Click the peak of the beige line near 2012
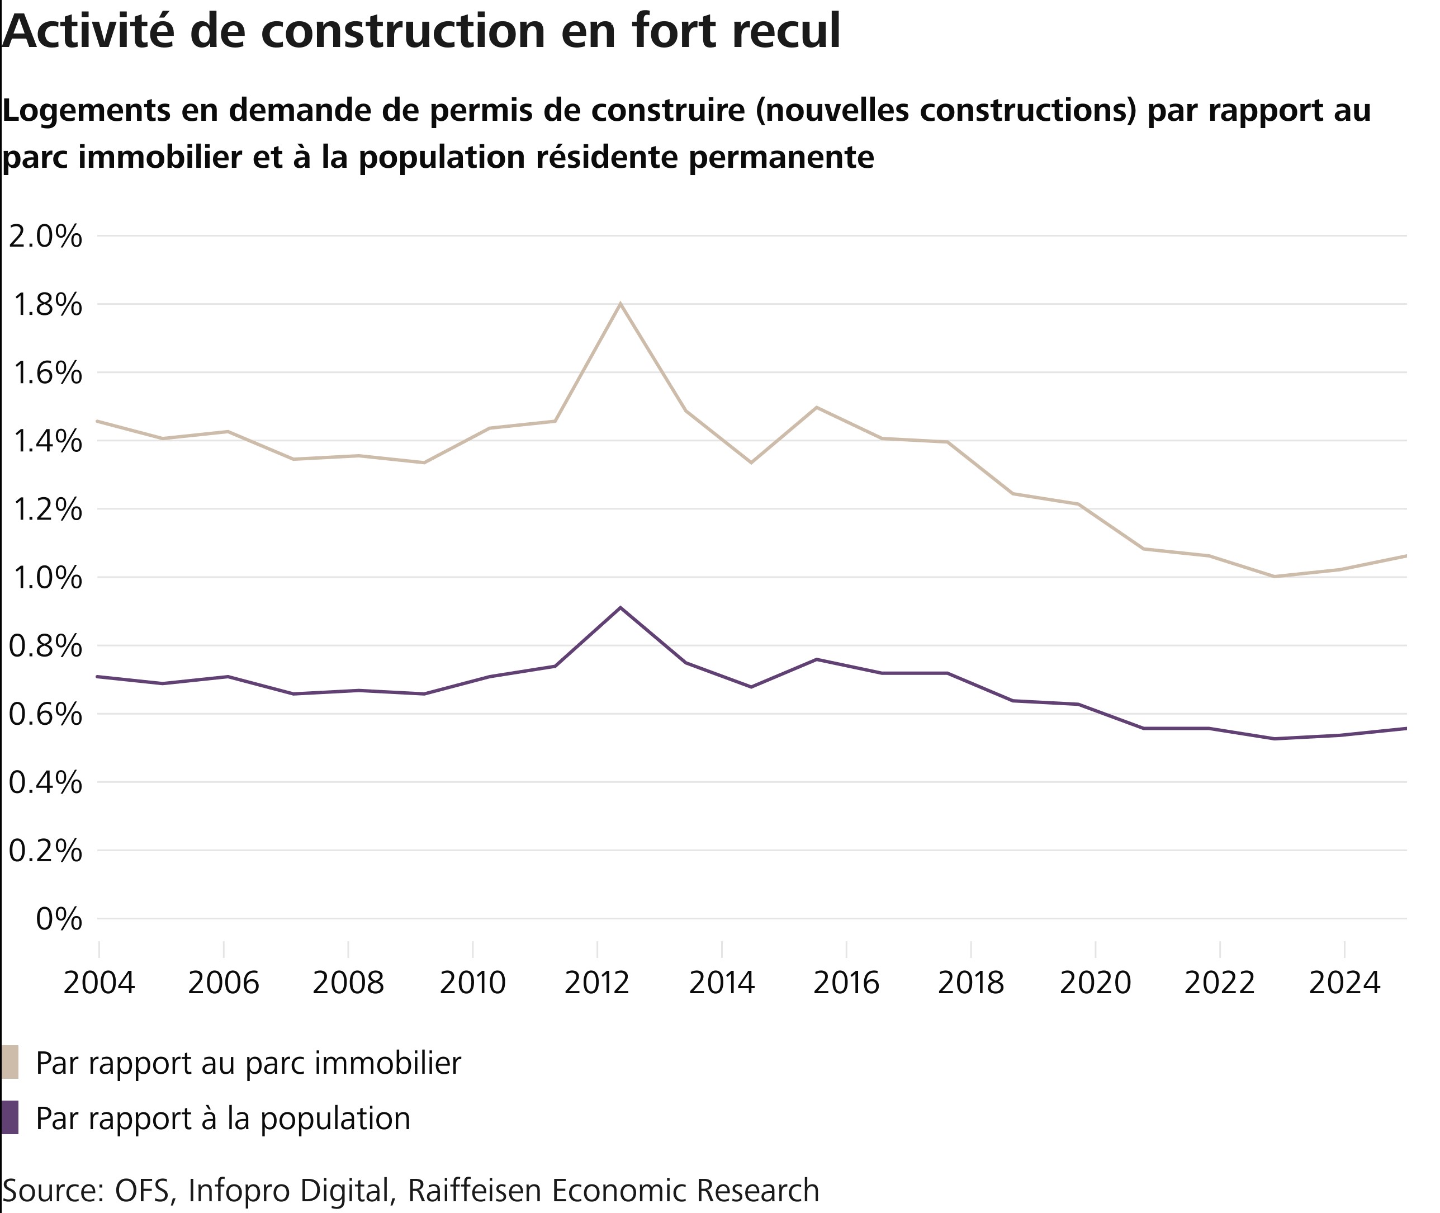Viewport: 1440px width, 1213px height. [620, 303]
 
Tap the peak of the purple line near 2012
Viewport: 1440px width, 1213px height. [620, 607]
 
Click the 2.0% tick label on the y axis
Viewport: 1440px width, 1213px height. [45, 237]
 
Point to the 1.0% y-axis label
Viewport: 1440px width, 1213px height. [45, 578]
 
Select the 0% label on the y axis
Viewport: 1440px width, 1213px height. [59, 919]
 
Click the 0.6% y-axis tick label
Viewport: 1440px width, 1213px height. [45, 715]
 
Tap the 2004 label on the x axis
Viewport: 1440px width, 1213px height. [99, 983]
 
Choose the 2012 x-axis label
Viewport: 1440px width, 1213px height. [596, 983]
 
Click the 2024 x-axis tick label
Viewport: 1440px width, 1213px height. [1344, 983]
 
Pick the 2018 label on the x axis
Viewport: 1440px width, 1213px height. [970, 983]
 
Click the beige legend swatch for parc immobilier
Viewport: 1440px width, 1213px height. [10, 1063]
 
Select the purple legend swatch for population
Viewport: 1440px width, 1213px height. [10, 1118]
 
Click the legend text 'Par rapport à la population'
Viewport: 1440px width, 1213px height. [222, 1118]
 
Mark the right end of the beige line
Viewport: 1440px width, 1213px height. [1406, 555]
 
